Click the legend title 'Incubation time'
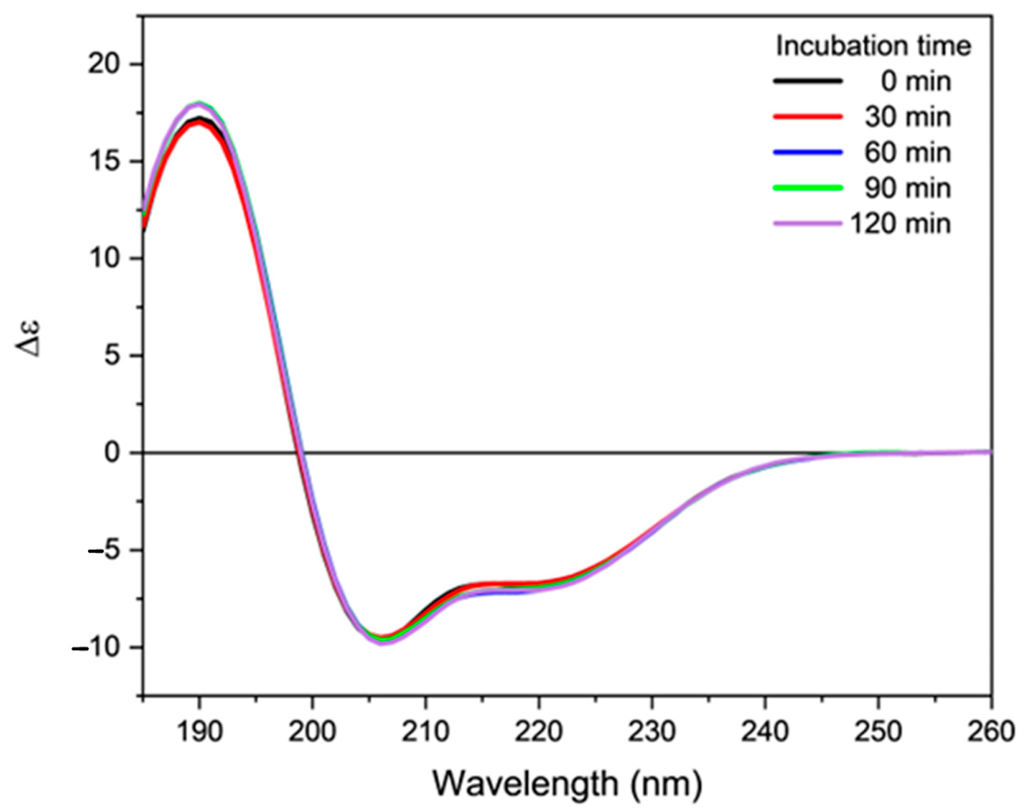pos(873,46)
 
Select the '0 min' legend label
pos(916,82)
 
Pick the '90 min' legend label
pos(907,188)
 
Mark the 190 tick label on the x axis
pos(199,732)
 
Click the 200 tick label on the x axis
pos(312,732)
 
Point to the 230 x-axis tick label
pos(651,732)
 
